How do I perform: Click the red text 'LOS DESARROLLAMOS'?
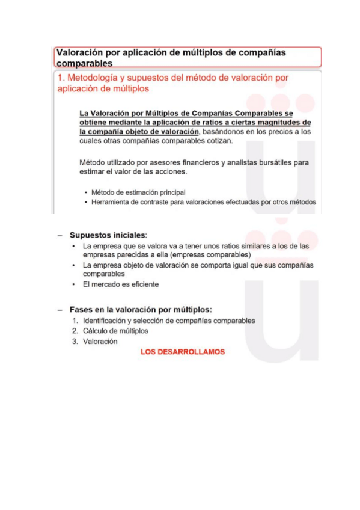point(182,352)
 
